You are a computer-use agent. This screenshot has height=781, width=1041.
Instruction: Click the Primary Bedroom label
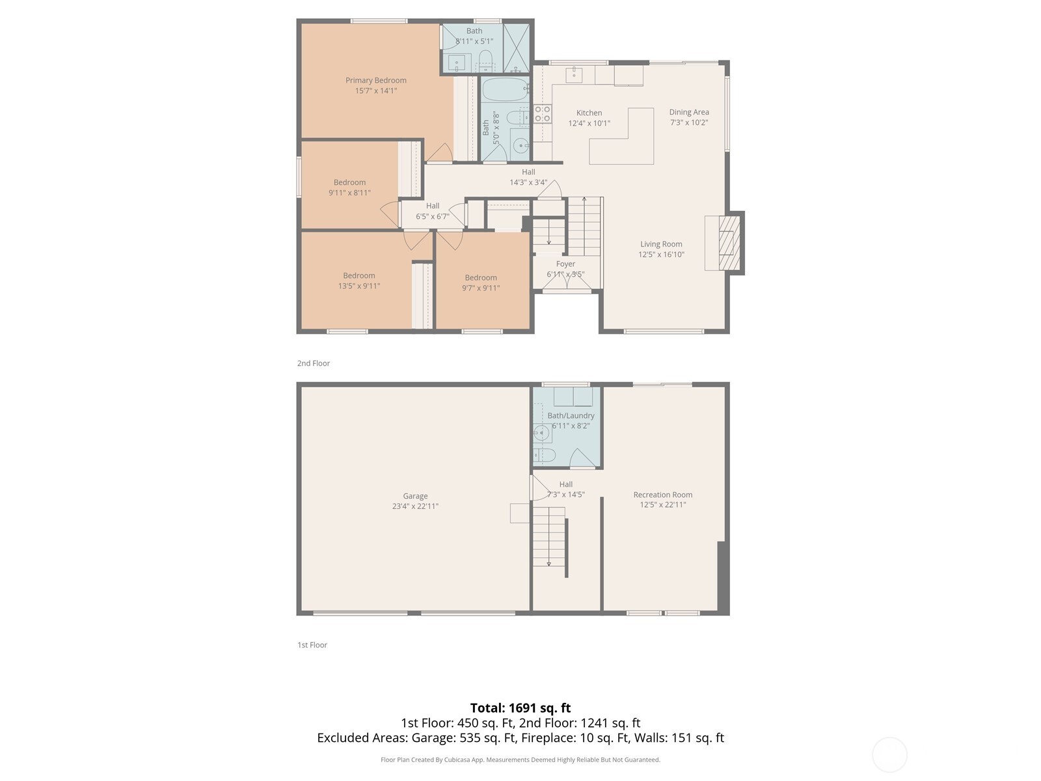376,81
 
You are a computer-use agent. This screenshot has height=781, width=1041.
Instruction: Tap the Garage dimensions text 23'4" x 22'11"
415,506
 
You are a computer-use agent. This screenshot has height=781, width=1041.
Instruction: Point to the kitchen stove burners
543,114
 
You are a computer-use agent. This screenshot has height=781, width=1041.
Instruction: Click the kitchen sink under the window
574,74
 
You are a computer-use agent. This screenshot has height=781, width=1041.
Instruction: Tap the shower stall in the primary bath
517,48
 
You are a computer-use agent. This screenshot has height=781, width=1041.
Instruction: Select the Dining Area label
689,112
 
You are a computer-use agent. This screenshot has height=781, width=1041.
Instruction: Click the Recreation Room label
663,495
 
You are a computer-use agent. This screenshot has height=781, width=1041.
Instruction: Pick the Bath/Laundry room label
571,416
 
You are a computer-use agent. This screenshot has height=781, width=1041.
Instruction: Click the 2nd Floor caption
314,363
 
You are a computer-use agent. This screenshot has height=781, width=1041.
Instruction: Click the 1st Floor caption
312,645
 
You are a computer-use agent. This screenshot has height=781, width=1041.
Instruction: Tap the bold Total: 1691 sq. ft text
520,707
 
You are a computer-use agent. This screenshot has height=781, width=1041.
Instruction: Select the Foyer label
565,264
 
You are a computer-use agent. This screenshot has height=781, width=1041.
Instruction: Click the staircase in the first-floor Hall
548,537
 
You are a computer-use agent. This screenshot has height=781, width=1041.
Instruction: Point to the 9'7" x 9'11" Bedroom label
481,278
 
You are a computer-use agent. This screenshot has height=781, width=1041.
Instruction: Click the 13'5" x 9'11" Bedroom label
359,276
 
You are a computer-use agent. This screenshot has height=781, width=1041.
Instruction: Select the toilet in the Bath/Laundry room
544,455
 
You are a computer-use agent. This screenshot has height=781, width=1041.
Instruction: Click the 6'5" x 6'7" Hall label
433,206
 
